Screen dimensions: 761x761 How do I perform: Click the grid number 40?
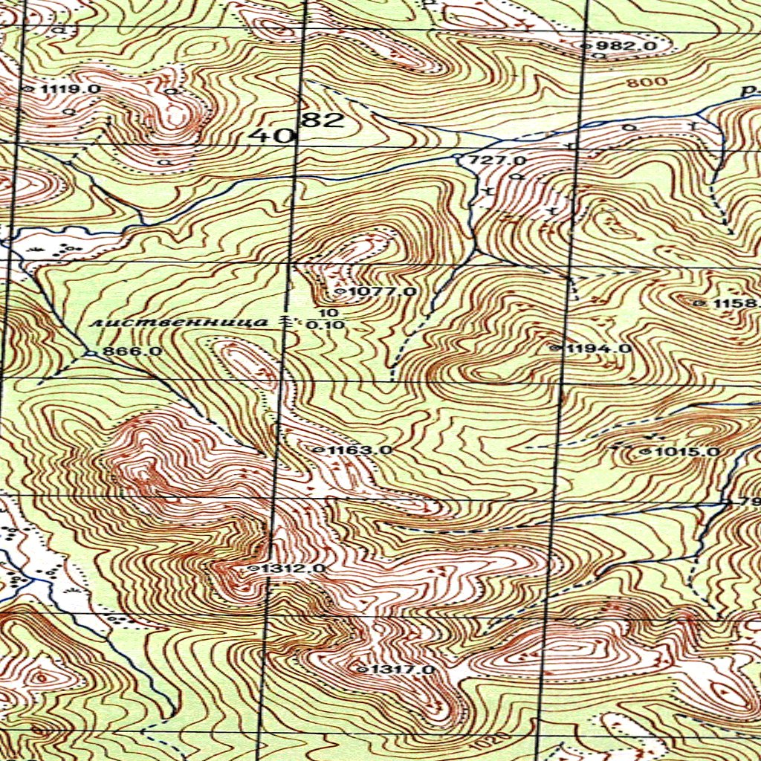pos(264,135)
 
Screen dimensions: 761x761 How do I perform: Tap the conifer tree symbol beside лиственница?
pos(286,322)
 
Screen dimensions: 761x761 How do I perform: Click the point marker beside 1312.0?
pos(254,569)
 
